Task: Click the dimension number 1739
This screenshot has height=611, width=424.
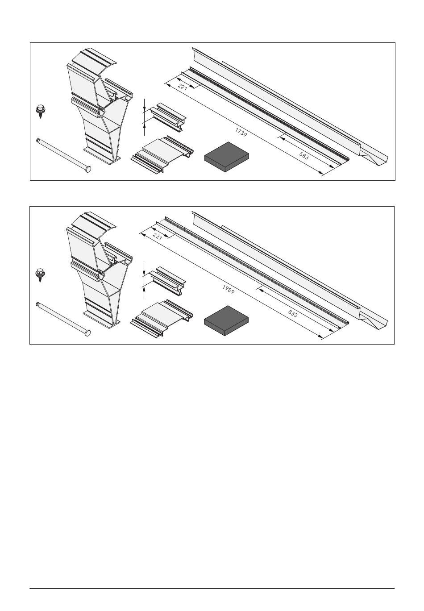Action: [x=241, y=132]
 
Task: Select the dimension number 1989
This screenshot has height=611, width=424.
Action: [x=229, y=289]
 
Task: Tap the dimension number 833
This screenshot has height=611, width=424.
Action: [x=293, y=313]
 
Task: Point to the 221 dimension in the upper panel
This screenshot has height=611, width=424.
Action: [x=182, y=87]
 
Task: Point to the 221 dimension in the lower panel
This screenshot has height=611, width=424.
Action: [x=158, y=237]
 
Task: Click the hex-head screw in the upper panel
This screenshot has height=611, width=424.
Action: [x=41, y=111]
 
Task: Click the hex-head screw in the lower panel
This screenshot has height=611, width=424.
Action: [x=40, y=275]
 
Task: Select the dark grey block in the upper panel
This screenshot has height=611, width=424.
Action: [x=227, y=157]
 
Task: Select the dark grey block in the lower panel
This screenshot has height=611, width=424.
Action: [x=226, y=320]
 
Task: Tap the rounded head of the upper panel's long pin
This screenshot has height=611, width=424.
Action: [x=87, y=169]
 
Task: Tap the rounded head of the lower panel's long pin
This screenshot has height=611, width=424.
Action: [x=87, y=333]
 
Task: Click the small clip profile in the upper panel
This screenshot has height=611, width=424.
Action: [x=167, y=117]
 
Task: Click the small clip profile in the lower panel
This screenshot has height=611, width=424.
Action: [x=167, y=281]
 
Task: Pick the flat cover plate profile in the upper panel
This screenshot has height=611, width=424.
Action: [x=162, y=154]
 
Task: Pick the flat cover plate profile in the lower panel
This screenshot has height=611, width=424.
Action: [x=162, y=318]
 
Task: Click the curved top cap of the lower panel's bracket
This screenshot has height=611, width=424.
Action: [x=93, y=221]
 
